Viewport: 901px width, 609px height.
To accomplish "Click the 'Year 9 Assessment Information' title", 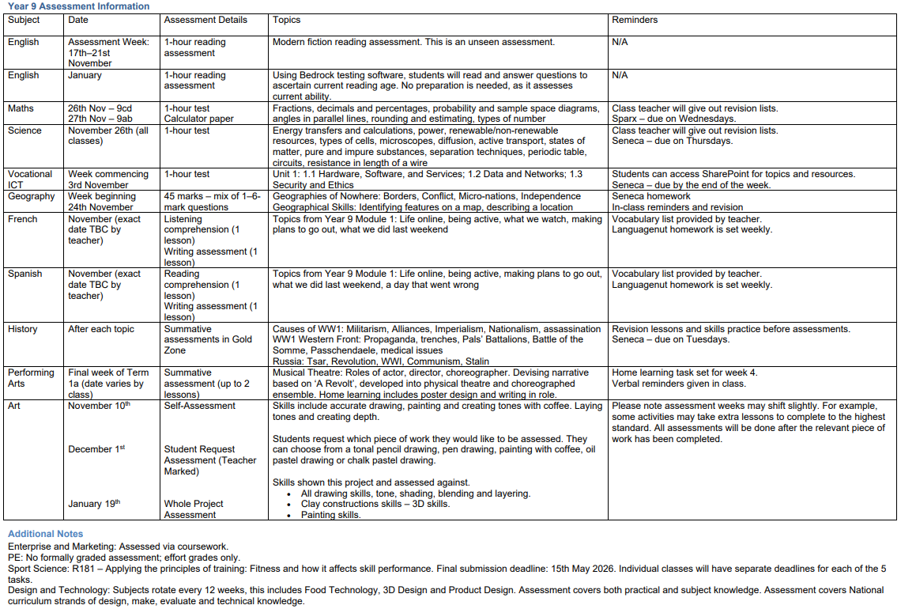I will coord(78,6).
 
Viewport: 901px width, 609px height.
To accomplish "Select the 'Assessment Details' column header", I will coord(205,20).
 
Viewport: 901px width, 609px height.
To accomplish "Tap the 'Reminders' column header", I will coord(635,20).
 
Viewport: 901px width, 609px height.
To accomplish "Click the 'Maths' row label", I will coord(21,108).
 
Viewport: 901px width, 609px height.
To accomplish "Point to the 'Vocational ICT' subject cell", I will coord(30,180).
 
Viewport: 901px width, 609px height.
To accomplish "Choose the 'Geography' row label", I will coord(32,196).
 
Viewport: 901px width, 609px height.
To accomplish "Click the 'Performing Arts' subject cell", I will coord(31,378).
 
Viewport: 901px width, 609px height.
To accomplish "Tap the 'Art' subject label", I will coord(14,406).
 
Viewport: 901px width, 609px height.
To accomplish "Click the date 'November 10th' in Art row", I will coord(99,406).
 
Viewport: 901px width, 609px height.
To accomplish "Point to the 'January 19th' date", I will coord(94,504).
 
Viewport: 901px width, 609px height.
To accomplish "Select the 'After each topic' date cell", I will coord(101,329).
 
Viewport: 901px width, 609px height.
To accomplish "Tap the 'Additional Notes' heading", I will coord(45,534).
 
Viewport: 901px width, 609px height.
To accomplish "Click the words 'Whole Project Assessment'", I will coord(194,509).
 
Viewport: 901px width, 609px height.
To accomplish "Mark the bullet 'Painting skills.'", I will coord(330,515).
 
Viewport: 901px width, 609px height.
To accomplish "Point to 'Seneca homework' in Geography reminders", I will coord(651,196).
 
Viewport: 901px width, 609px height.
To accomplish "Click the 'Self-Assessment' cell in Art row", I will coord(200,406).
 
